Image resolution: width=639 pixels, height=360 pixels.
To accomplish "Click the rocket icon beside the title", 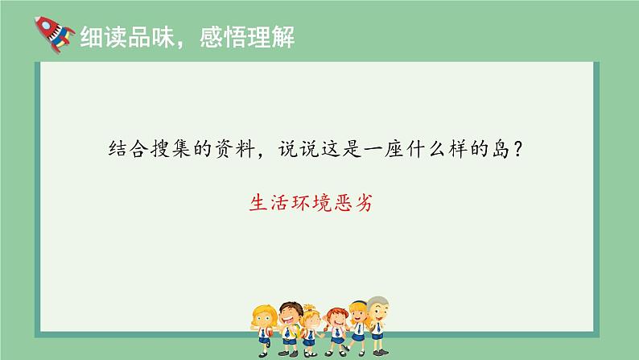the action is pyautogui.click(x=54, y=35).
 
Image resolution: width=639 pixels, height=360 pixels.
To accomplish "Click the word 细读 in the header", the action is pyautogui.click(x=104, y=38).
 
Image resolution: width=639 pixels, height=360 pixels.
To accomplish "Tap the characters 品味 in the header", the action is pyautogui.click(x=151, y=38).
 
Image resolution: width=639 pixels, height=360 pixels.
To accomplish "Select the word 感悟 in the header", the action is pyautogui.click(x=223, y=38).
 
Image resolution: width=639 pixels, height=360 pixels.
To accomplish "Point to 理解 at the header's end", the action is pyautogui.click(x=270, y=38).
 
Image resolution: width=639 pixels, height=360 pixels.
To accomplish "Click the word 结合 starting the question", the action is pyautogui.click(x=129, y=149).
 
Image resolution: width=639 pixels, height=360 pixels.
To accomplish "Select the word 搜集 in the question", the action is pyautogui.click(x=171, y=149).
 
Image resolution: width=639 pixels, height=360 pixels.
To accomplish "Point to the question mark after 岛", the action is pyautogui.click(x=518, y=149).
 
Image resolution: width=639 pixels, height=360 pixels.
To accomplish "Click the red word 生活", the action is pyautogui.click(x=269, y=203).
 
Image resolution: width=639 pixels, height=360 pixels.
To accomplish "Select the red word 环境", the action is pyautogui.click(x=311, y=203).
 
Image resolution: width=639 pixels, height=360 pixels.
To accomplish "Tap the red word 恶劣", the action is pyautogui.click(x=353, y=203).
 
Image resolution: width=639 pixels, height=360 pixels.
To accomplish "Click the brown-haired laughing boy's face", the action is pyautogui.click(x=291, y=317).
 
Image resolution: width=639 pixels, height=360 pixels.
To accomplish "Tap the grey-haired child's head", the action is pyautogui.click(x=378, y=308).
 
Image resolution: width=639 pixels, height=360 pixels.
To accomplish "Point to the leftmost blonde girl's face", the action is pyautogui.click(x=263, y=319).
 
